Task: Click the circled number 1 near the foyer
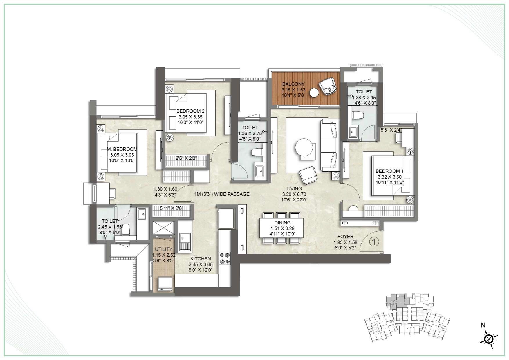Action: coord(374,242)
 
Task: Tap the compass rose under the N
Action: coord(489,339)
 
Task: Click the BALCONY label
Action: coord(293,84)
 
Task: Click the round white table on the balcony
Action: coord(314,93)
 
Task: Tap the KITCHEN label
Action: coord(201,259)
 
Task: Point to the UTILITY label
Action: coord(163,249)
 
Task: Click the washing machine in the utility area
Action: coord(165,284)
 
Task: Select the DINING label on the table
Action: coord(282,223)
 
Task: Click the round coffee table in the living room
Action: coord(305,148)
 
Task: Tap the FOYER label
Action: coord(345,237)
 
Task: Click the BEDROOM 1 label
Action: coord(389,171)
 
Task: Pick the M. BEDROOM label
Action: coord(122,149)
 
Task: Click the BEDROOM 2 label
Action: coord(190,111)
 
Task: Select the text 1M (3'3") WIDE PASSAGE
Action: coord(222,194)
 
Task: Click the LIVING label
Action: coord(294,188)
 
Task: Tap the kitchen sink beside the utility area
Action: coord(185,242)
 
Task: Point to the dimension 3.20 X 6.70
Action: coord(294,194)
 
